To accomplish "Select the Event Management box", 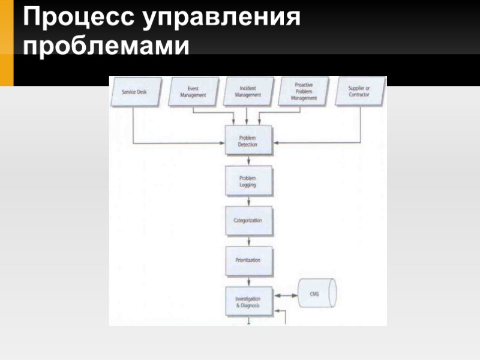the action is (193, 92).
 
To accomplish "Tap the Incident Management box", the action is (248, 92).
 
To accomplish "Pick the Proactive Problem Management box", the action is (304, 92).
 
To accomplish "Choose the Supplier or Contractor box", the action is (359, 92).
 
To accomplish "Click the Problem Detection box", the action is (248, 141).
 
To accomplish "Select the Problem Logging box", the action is (248, 182).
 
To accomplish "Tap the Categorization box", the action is (248, 221).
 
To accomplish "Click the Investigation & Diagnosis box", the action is (248, 302).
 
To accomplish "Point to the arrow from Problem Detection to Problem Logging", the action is (248, 161).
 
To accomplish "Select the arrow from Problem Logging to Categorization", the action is (248, 201).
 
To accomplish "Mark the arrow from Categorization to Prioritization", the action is (248, 240).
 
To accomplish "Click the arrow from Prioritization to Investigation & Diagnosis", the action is (248, 280).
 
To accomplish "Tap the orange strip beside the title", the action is (6, 42).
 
